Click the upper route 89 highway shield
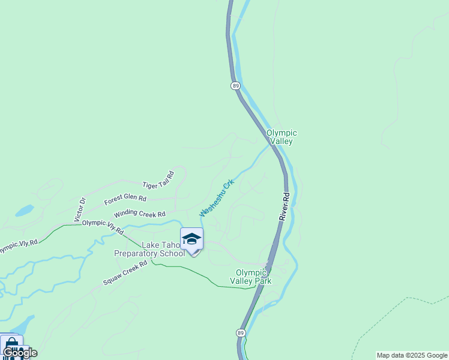tap(235, 86)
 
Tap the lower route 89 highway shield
tap(240, 333)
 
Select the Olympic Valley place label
tap(282, 137)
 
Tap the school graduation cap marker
tap(191, 239)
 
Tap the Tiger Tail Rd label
tap(158, 179)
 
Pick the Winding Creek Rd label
tap(139, 214)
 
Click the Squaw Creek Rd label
tap(125, 273)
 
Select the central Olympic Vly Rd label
tap(103, 226)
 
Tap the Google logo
tap(20, 353)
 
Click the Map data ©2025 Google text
tap(412, 355)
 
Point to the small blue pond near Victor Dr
tap(25, 211)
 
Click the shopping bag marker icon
tap(11, 347)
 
